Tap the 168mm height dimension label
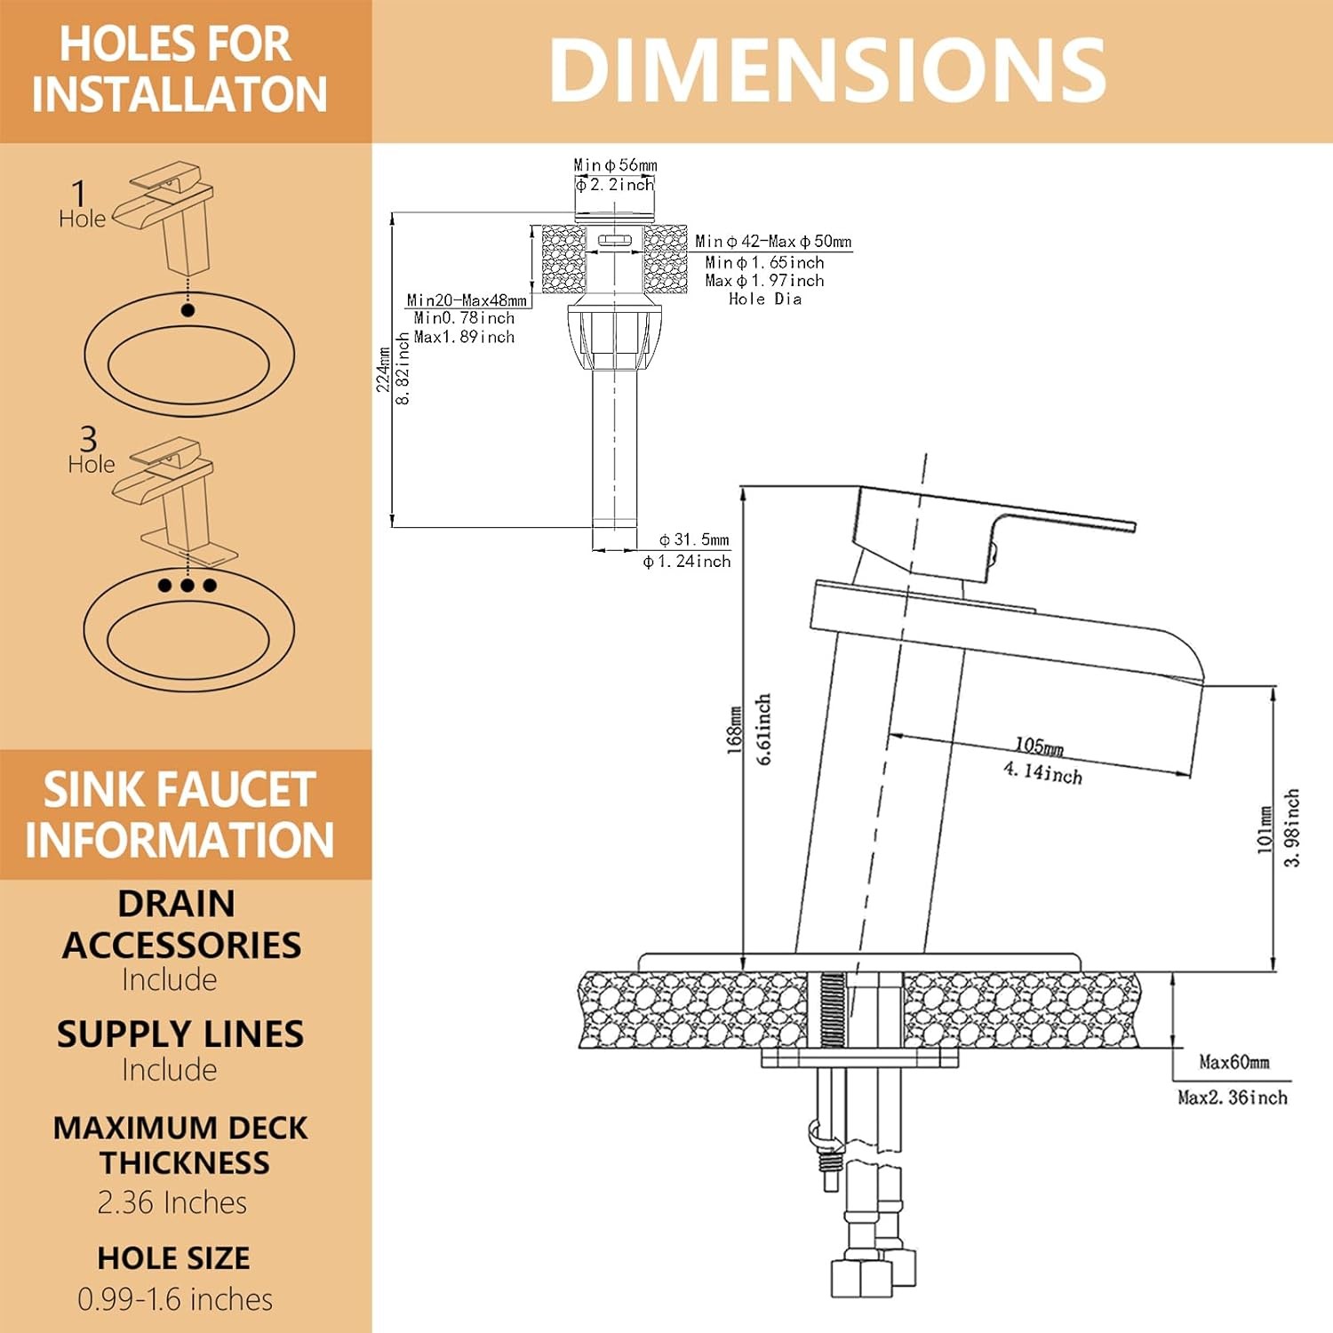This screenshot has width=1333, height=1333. [734, 730]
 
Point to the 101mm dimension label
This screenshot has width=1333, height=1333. [1265, 829]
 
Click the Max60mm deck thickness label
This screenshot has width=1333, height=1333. [1233, 1062]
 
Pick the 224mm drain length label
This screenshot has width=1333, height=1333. [383, 369]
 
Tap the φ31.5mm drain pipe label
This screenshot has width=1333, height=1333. [694, 539]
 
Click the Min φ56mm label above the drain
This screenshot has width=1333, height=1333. [615, 165]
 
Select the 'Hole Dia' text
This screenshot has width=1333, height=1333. [765, 299]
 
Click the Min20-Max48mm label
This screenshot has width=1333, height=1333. [467, 300]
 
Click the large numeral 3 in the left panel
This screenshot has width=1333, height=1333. [88, 438]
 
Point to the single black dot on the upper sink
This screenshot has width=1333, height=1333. [188, 310]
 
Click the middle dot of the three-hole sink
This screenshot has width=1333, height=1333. [188, 586]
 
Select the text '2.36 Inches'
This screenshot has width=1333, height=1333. [172, 1202]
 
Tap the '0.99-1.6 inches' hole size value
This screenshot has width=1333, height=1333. [175, 1299]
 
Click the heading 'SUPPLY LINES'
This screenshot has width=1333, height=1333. [180, 1034]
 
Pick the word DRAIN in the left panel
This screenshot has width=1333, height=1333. [177, 904]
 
